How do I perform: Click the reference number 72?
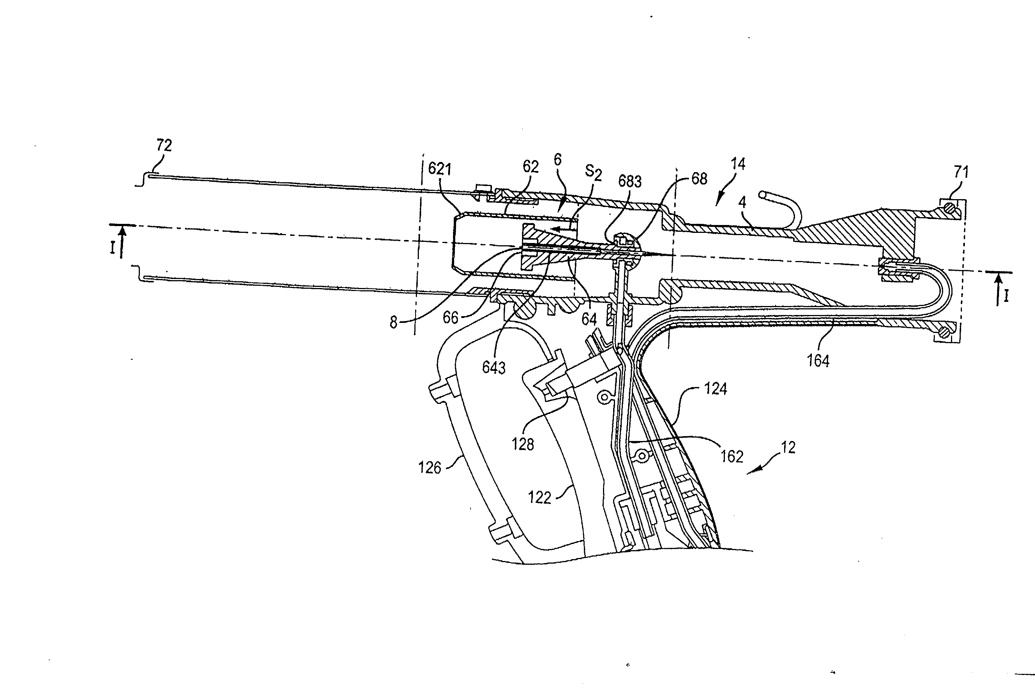coord(164,145)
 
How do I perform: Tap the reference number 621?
coord(440,169)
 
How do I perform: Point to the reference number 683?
coord(630,181)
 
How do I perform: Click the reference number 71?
coord(961,171)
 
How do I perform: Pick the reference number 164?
coord(818,361)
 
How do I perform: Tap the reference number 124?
coord(715,389)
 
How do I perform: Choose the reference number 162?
coord(732,456)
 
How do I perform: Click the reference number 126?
coord(429,468)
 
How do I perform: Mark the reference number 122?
coord(540,498)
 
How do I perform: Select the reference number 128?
coord(523,444)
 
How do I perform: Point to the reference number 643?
coord(493,368)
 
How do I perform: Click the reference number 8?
coord(393,322)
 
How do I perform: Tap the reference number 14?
coord(738,164)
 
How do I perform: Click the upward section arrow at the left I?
coord(122,242)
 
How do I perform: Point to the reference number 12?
coord(788,448)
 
